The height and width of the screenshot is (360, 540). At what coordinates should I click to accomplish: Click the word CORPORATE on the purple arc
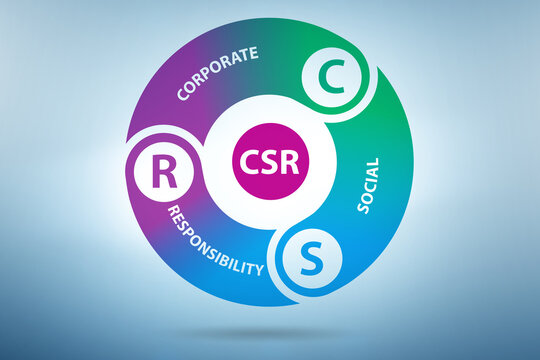[x=217, y=73]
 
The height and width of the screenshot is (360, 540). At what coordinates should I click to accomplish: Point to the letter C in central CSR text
[x=248, y=162]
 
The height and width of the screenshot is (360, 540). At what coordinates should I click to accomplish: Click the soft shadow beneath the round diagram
[x=270, y=331]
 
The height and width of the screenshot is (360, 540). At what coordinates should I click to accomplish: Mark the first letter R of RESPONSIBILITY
[x=173, y=210]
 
